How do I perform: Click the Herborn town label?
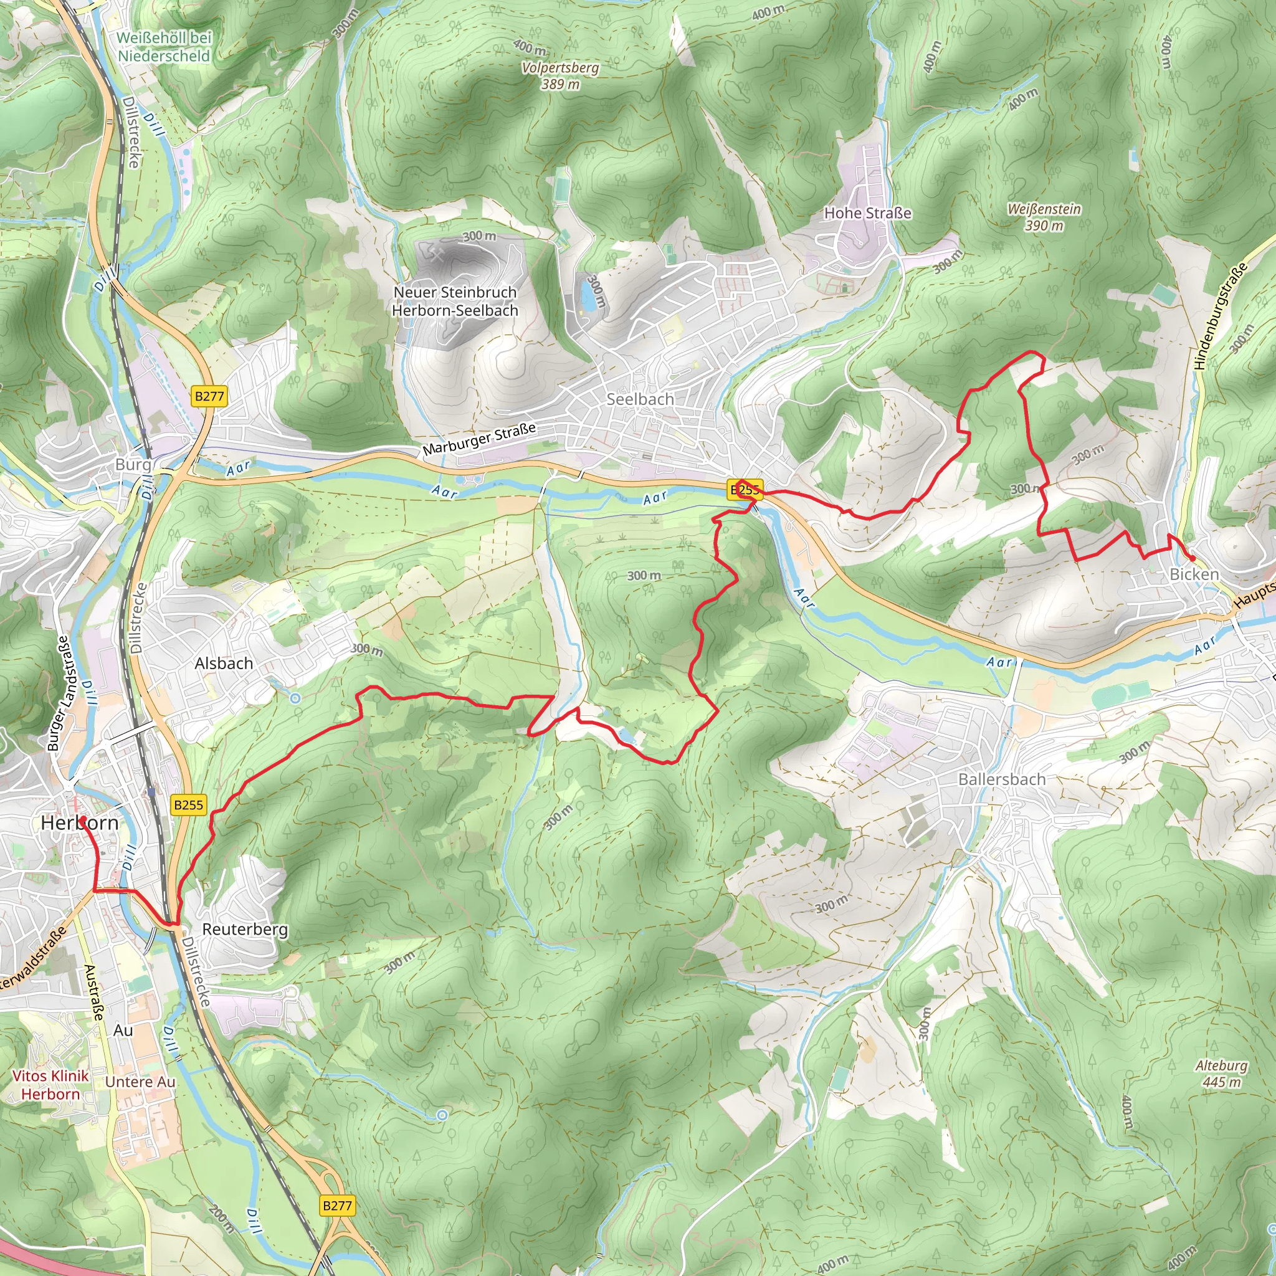click(79, 823)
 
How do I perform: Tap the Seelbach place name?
click(640, 399)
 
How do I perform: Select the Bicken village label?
click(1194, 574)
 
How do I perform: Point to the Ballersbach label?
click(1002, 779)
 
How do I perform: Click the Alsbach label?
click(224, 663)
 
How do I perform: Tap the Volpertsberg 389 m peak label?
click(560, 75)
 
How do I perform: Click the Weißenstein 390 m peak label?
click(1044, 217)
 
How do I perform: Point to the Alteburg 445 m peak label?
click(1221, 1074)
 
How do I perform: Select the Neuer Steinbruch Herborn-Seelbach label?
click(455, 301)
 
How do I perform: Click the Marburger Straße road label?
click(480, 439)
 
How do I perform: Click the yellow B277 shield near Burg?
click(209, 396)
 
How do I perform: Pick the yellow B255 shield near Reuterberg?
click(188, 804)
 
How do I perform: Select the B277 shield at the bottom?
click(338, 1206)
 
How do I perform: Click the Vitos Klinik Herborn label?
click(50, 1085)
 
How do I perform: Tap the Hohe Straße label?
click(867, 212)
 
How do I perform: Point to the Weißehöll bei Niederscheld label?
click(164, 47)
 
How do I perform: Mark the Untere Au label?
click(140, 1082)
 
